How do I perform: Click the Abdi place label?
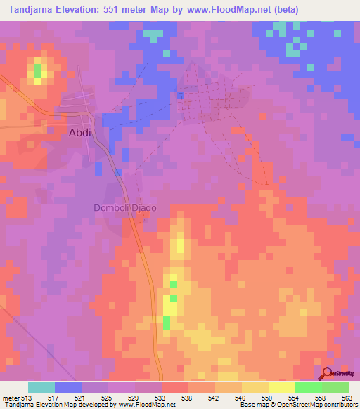[x=80, y=131]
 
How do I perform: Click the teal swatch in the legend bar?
[x=41, y=387]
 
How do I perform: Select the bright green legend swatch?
[x=309, y=387]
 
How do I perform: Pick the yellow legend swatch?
[x=282, y=387]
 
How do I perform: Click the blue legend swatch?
[x=68, y=387]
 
